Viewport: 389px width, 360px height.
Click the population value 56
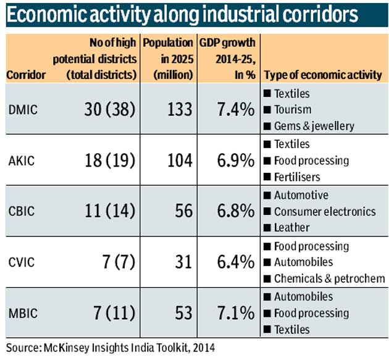(184, 211)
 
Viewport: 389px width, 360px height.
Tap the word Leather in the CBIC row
(291, 228)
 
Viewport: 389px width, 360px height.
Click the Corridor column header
(25, 75)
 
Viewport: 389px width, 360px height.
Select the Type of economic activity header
(323, 75)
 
